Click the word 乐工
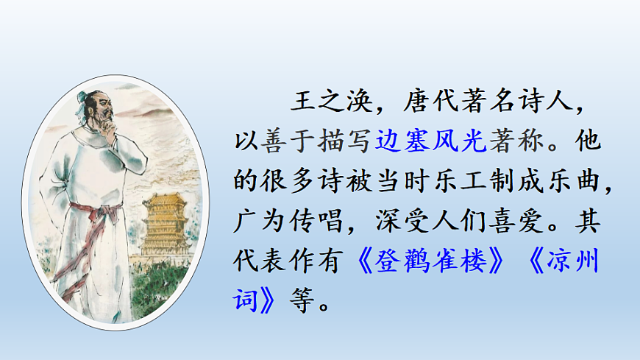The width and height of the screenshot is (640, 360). click(430, 180)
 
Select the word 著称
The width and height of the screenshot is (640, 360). click(513, 140)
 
